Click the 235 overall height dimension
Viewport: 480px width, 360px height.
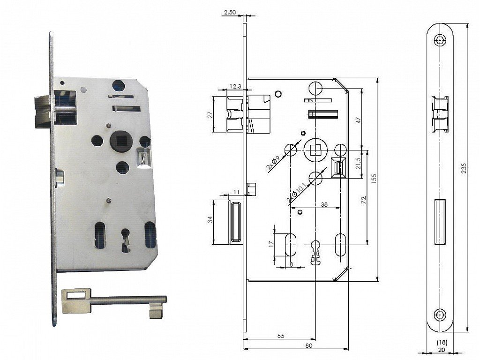pos(464,169)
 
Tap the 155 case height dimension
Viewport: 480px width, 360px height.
pos(374,179)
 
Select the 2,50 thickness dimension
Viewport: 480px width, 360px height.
pos(230,12)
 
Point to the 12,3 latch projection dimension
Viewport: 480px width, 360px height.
pos(235,87)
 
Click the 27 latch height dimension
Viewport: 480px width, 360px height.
pos(210,115)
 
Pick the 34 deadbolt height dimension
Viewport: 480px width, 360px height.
pos(210,220)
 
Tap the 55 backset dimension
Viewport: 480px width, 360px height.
pos(281,336)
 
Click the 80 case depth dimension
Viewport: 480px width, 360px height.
pos(309,345)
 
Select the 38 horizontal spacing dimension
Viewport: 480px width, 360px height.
pos(324,204)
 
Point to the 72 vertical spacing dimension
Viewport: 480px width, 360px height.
pos(364,200)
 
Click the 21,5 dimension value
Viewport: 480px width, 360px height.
pos(359,163)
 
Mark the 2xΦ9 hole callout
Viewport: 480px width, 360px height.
pos(273,163)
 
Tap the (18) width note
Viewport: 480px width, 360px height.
pos(442,342)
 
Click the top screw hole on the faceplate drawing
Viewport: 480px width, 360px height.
pos(440,40)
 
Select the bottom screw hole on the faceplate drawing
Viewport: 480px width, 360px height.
pos(440,315)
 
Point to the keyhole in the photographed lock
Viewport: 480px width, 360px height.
pos(126,240)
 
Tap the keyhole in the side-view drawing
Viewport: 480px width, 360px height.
pos(315,253)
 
